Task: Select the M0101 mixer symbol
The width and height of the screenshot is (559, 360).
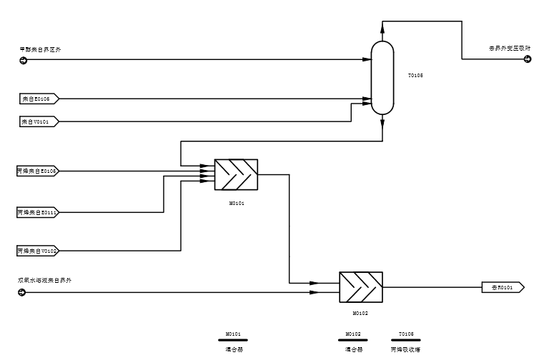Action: pos(236,174)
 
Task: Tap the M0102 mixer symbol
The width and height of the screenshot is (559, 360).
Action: pos(360,286)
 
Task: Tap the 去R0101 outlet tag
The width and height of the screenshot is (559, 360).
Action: pos(503,287)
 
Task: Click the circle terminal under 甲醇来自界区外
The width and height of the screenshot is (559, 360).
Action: pos(22,60)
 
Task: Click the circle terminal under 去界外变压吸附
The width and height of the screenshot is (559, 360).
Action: pos(528,59)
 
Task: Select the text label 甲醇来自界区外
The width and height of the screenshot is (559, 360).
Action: pos(41,49)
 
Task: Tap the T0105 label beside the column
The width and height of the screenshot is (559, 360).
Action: pos(415,75)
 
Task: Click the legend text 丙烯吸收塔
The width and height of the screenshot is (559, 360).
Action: pos(405,350)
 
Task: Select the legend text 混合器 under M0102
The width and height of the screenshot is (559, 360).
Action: pos(353,350)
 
